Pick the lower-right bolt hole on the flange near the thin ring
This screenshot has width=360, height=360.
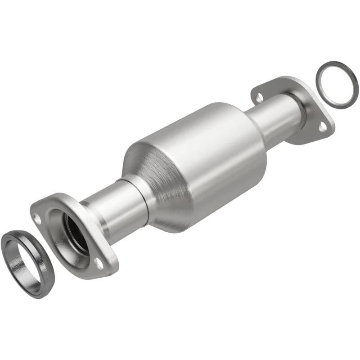322,127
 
